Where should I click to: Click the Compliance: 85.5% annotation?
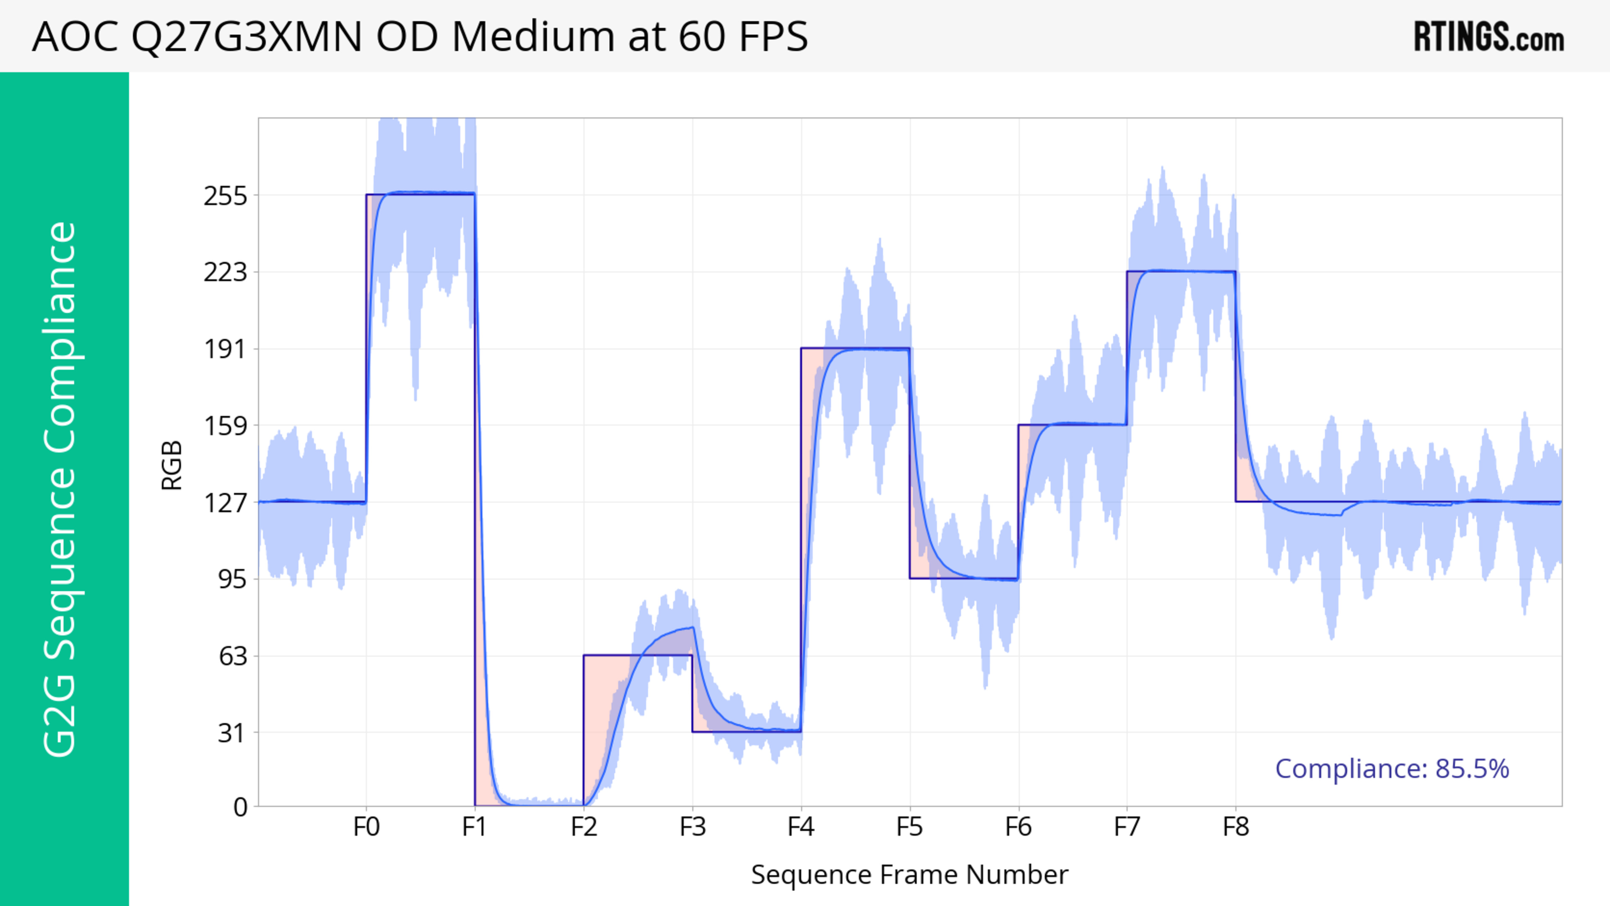[1392, 768]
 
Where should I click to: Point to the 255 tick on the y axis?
[226, 196]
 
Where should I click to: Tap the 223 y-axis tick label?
[226, 273]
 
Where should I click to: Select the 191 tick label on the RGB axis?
[226, 349]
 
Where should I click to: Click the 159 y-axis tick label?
[226, 426]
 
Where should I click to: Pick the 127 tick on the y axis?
[226, 502]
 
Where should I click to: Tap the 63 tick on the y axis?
[233, 656]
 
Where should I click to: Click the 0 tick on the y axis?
[240, 807]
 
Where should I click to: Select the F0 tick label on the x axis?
[366, 827]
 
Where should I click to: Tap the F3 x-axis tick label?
[693, 827]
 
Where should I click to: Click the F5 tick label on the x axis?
[909, 827]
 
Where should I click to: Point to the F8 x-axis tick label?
[1236, 827]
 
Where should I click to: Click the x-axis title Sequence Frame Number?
[909, 875]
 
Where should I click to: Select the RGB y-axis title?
[172, 465]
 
